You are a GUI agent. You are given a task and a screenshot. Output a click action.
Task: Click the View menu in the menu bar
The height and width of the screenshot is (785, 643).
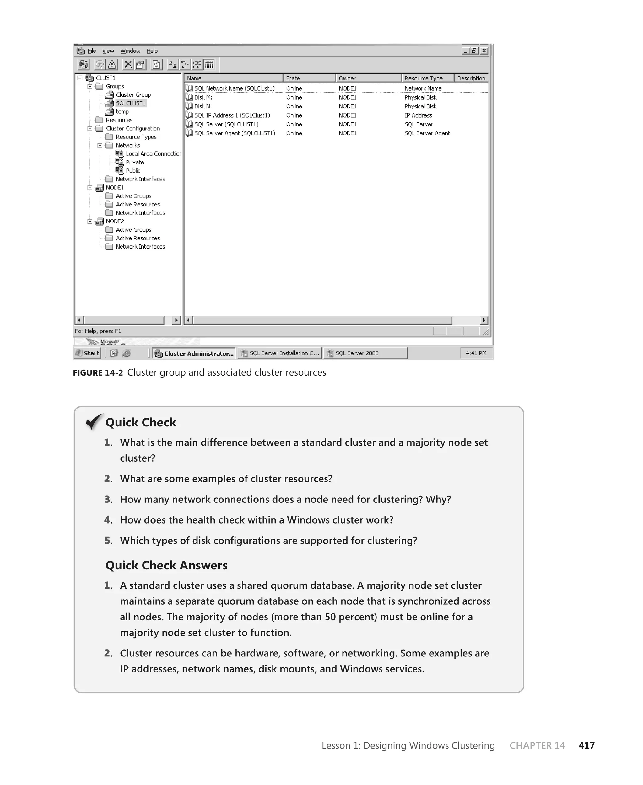point(108,51)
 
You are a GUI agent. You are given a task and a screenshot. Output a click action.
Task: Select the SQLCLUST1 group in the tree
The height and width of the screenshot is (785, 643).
point(130,103)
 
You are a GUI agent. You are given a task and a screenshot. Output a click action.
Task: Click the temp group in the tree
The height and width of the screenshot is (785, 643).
point(122,112)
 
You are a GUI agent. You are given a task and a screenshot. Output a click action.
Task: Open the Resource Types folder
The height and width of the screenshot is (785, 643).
point(136,137)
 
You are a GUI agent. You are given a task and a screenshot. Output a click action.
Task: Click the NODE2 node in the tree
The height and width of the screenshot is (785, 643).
point(115,222)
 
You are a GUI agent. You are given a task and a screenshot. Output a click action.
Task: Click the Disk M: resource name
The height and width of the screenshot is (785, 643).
point(203,97)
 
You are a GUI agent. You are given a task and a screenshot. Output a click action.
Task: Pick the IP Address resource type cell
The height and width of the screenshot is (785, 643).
point(418,115)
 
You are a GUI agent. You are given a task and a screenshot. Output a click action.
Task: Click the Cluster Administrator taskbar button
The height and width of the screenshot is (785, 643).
point(194,354)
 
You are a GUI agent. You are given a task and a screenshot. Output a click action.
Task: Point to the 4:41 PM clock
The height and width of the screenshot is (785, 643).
point(476,353)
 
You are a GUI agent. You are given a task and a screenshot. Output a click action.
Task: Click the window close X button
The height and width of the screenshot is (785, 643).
point(484,51)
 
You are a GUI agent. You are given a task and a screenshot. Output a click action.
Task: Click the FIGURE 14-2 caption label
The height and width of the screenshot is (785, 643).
point(98,373)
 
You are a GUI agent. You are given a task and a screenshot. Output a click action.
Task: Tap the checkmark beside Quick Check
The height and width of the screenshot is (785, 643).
point(94,421)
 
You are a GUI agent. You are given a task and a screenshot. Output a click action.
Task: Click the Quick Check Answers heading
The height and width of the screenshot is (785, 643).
point(166,565)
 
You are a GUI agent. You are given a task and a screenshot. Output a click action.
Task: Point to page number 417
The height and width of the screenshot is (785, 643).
point(586,745)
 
